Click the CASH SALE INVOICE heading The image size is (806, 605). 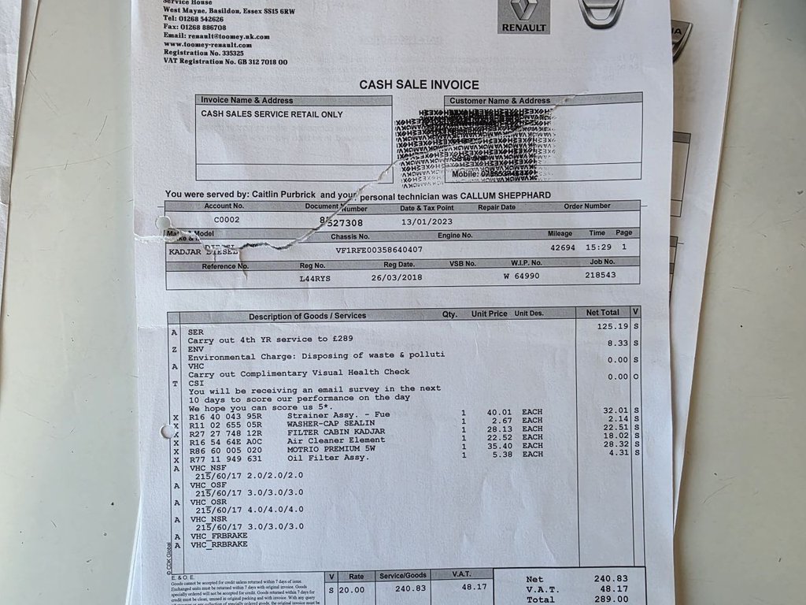(x=419, y=84)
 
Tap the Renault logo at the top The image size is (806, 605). (x=523, y=17)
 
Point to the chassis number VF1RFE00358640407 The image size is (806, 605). (x=379, y=250)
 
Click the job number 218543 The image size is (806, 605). (x=601, y=276)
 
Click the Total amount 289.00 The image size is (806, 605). (x=611, y=599)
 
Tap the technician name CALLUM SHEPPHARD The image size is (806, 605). (x=506, y=195)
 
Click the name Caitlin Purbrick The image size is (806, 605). (x=286, y=194)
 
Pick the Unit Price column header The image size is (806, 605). (x=489, y=314)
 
